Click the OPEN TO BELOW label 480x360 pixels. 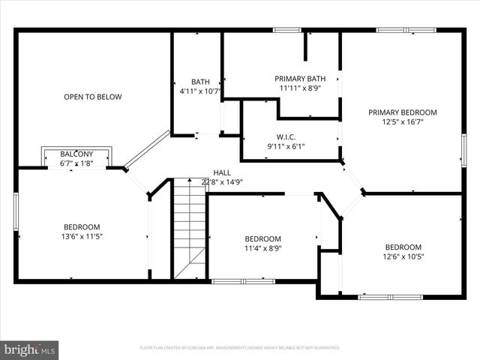(x=92, y=97)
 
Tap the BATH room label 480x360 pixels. (x=200, y=82)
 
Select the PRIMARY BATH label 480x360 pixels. (x=300, y=79)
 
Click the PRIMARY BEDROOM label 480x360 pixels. (x=402, y=112)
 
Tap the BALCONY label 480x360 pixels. (x=76, y=154)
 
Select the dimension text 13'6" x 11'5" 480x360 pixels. (x=82, y=236)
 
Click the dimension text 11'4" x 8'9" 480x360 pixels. (x=262, y=248)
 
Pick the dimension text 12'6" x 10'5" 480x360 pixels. (x=403, y=256)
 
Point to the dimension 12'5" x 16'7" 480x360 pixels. (x=402, y=121)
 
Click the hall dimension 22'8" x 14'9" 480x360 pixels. (x=222, y=181)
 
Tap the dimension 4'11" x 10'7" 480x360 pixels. (x=200, y=91)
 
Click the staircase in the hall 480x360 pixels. (x=190, y=229)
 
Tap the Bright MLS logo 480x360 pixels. (x=30, y=349)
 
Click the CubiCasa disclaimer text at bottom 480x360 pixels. (x=240, y=348)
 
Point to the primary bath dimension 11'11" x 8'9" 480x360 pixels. (x=300, y=88)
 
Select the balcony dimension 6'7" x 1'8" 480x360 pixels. (x=76, y=162)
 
